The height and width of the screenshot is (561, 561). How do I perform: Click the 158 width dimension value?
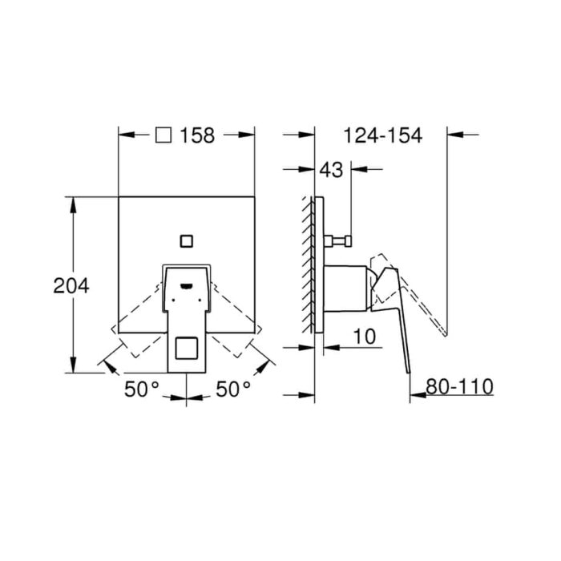pyautogui.click(x=197, y=135)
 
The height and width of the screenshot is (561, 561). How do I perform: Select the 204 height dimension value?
pyautogui.click(x=71, y=286)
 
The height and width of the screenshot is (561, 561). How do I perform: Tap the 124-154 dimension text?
pyautogui.click(x=383, y=135)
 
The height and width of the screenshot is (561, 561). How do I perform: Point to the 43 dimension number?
pyautogui.click(x=331, y=170)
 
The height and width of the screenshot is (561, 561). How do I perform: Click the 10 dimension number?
pyautogui.click(x=365, y=337)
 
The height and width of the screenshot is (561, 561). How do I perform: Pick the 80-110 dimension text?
pyautogui.click(x=460, y=386)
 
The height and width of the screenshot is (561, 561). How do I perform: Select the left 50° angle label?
pyautogui.click(x=142, y=389)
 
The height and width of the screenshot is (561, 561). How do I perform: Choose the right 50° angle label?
pyautogui.click(x=233, y=389)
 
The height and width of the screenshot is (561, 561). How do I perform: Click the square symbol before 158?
pyautogui.click(x=163, y=135)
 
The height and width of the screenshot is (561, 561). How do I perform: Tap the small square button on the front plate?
pyautogui.click(x=187, y=241)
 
